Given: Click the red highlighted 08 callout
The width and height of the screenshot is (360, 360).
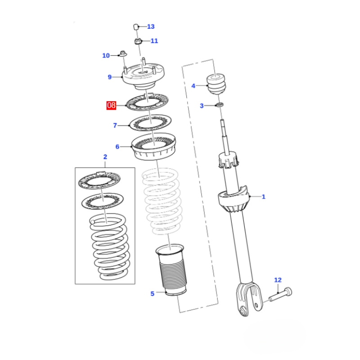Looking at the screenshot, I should (111, 106).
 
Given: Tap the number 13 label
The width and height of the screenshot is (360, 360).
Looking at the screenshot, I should (150, 27).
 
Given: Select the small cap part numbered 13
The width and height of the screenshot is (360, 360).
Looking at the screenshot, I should (136, 27).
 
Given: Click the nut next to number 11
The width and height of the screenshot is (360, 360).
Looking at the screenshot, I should (138, 42).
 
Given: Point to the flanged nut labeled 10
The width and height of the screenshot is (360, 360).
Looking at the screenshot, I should (123, 55).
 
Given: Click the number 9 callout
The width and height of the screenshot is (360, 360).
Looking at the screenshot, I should (109, 77).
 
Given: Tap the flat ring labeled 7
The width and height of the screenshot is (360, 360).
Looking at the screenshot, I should (150, 122).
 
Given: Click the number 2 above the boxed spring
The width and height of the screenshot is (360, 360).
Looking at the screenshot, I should (105, 157).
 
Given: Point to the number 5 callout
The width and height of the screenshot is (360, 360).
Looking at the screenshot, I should (152, 294).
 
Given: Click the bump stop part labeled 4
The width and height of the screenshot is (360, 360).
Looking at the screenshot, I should (216, 84).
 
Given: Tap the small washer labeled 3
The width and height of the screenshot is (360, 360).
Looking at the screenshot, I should (220, 105).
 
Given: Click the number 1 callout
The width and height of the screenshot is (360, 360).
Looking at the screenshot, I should (264, 196).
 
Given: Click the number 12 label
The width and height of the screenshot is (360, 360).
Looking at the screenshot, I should (278, 280).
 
